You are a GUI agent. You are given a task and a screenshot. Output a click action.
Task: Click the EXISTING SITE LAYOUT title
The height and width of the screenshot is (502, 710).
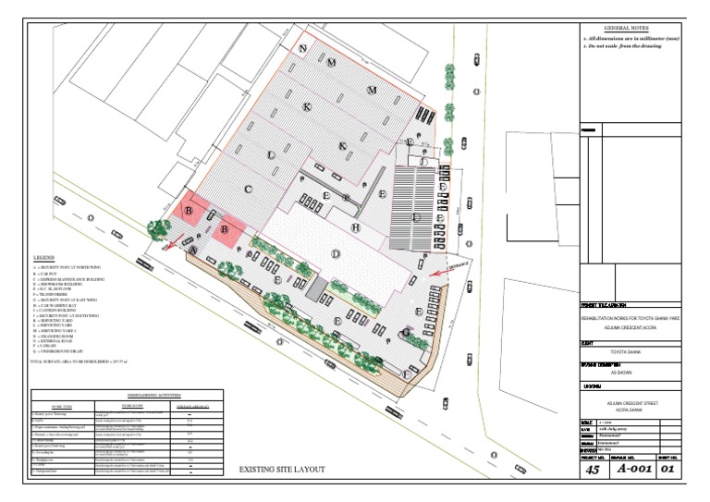pyautogui.click(x=283, y=470)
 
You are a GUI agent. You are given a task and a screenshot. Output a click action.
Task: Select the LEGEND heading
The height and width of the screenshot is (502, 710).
pyautogui.click(x=43, y=256)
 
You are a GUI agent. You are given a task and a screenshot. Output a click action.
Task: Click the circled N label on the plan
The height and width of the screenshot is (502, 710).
pyautogui.click(x=302, y=48)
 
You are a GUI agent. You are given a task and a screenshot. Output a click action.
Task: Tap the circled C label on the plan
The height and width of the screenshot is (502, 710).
pyautogui.click(x=248, y=189)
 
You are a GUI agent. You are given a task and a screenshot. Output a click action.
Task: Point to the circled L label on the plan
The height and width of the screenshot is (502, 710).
pyautogui.click(x=271, y=154)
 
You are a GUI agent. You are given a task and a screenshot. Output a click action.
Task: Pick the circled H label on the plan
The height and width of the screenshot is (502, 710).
pyautogui.click(x=354, y=227)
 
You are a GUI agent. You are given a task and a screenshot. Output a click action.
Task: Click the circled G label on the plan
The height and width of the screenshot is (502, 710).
pyautogui.click(x=405, y=331)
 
